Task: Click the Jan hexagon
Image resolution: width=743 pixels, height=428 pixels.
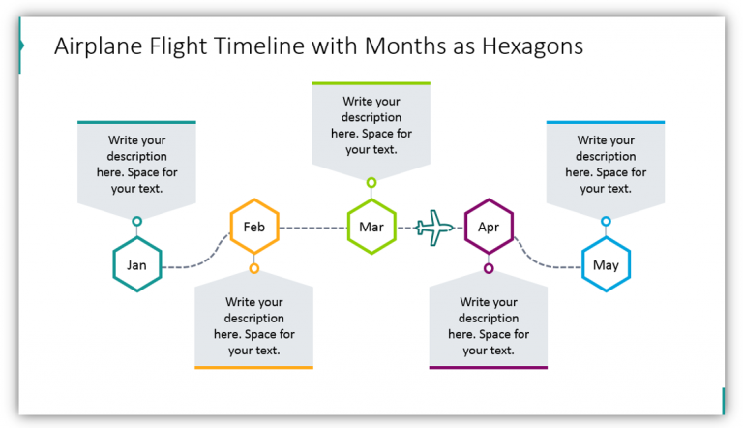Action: tap(136, 265)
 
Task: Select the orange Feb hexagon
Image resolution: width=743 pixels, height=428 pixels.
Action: tap(254, 228)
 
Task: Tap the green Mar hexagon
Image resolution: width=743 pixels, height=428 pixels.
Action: tap(371, 228)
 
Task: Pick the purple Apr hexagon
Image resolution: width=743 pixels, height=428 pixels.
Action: tap(489, 228)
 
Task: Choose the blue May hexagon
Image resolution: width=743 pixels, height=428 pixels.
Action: tap(606, 265)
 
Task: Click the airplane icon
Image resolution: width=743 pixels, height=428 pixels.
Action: tap(434, 229)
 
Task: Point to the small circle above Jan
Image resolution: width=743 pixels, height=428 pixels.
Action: tap(136, 222)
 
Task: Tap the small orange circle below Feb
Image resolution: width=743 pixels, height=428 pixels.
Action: tap(254, 268)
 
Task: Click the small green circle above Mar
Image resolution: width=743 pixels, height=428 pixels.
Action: tap(371, 182)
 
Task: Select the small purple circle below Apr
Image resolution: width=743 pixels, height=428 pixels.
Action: tap(489, 268)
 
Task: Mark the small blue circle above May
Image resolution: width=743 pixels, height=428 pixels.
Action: tap(606, 222)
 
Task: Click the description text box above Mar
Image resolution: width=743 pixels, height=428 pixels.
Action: tap(371, 125)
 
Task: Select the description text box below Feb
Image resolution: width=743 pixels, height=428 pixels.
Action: tap(254, 326)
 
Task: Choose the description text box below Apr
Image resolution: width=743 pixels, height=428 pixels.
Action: tap(489, 326)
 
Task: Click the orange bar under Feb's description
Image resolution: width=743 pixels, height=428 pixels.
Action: tap(254, 367)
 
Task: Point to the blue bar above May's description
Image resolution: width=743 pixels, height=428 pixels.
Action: tap(606, 122)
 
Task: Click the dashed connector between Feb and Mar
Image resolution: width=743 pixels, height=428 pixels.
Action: tap(312, 228)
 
